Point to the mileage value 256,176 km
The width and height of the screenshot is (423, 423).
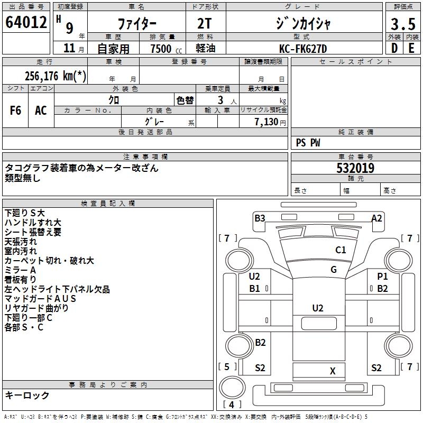pos(56,76)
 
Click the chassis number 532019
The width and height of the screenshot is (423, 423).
pos(355,168)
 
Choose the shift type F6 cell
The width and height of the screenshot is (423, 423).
pos(16,111)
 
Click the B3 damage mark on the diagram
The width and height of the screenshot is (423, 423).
pos(260,218)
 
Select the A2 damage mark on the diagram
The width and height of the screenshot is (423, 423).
pos(376,218)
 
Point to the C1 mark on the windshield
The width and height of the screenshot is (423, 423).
pos(341,250)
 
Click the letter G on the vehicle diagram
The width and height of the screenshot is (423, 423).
pos(334,270)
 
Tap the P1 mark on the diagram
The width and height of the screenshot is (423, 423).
pos(382,277)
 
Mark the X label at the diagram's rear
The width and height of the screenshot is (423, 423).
pos(333,371)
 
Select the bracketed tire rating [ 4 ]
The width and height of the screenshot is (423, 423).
pos(231,404)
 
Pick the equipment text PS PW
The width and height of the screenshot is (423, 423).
pos(308,142)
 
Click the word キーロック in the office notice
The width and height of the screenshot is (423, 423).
pos(27,395)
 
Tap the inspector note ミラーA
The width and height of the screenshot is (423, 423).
pos(21,270)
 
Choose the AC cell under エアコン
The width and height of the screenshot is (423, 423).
pos(41,111)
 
